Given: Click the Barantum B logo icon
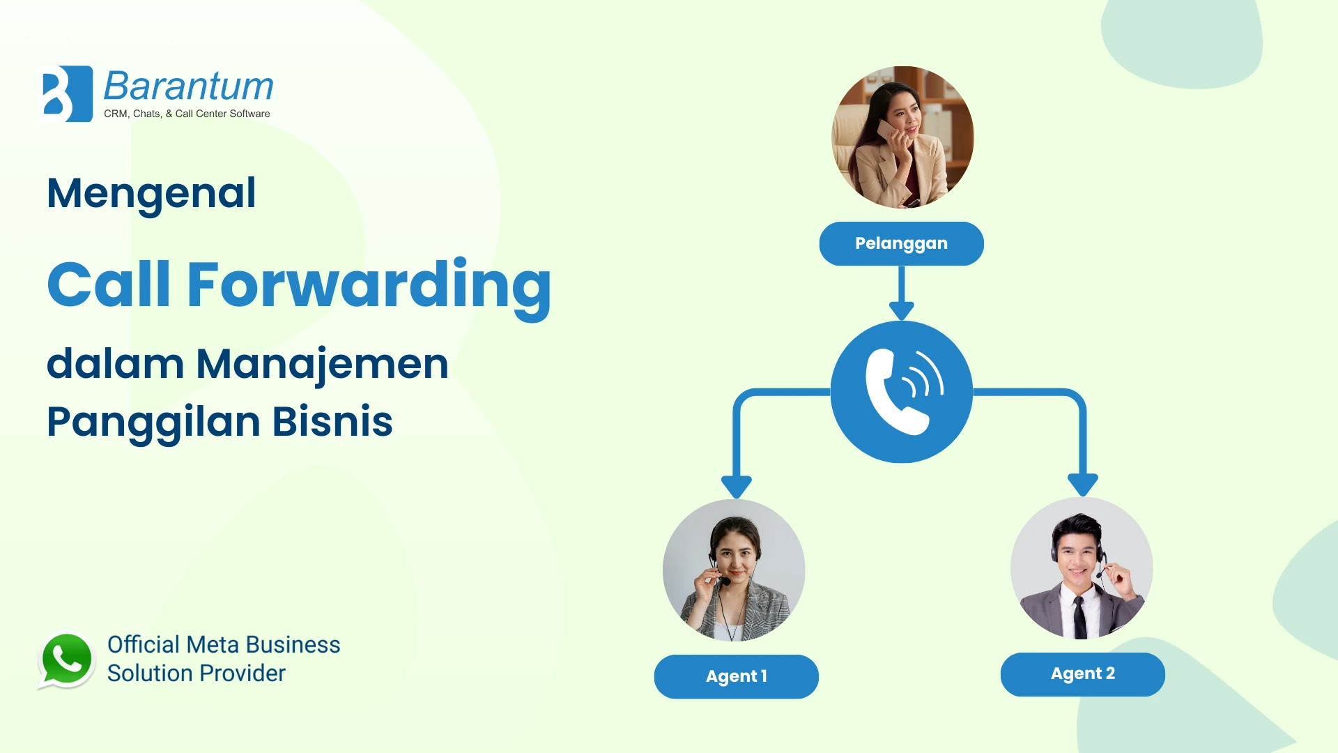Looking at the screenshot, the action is [x=68, y=94].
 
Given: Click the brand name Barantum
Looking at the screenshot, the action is [x=188, y=86].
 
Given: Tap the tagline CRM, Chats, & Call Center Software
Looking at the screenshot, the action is [x=187, y=114].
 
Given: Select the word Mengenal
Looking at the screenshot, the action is [x=151, y=194].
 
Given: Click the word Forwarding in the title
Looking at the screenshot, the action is [x=369, y=286].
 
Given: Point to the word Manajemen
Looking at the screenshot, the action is [x=322, y=364].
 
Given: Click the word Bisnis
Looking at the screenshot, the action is [x=332, y=422].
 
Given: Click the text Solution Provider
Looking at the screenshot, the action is [x=197, y=674].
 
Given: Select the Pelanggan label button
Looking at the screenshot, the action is [x=901, y=243].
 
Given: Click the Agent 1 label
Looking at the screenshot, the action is [x=736, y=676].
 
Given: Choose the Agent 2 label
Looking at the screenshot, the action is [x=1082, y=674].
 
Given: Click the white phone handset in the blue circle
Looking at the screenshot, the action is [x=896, y=392].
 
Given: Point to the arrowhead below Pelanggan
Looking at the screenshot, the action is [x=902, y=310].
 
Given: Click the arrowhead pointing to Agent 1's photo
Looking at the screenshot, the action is [x=736, y=487].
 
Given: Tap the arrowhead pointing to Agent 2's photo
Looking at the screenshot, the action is [x=1083, y=485].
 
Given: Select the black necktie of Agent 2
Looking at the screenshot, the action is [x=1079, y=616].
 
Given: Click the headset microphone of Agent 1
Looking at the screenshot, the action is [x=725, y=581].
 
